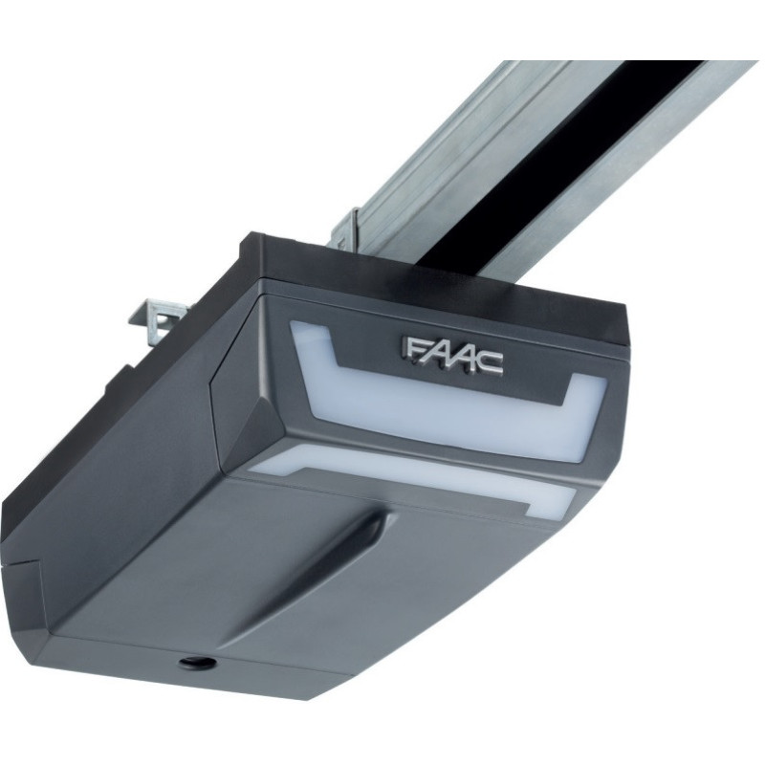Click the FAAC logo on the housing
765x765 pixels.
tap(451, 356)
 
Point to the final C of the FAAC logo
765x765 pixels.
tap(490, 364)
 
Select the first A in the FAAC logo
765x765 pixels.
tap(433, 354)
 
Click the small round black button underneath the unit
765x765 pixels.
tap(197, 662)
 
